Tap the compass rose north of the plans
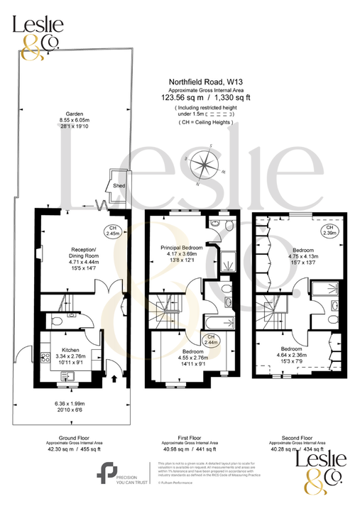(x=204, y=165)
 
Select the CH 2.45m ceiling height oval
(x=112, y=230)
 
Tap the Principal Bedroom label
(x=181, y=248)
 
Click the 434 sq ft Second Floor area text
(x=312, y=449)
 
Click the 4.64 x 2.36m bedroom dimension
(x=298, y=355)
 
